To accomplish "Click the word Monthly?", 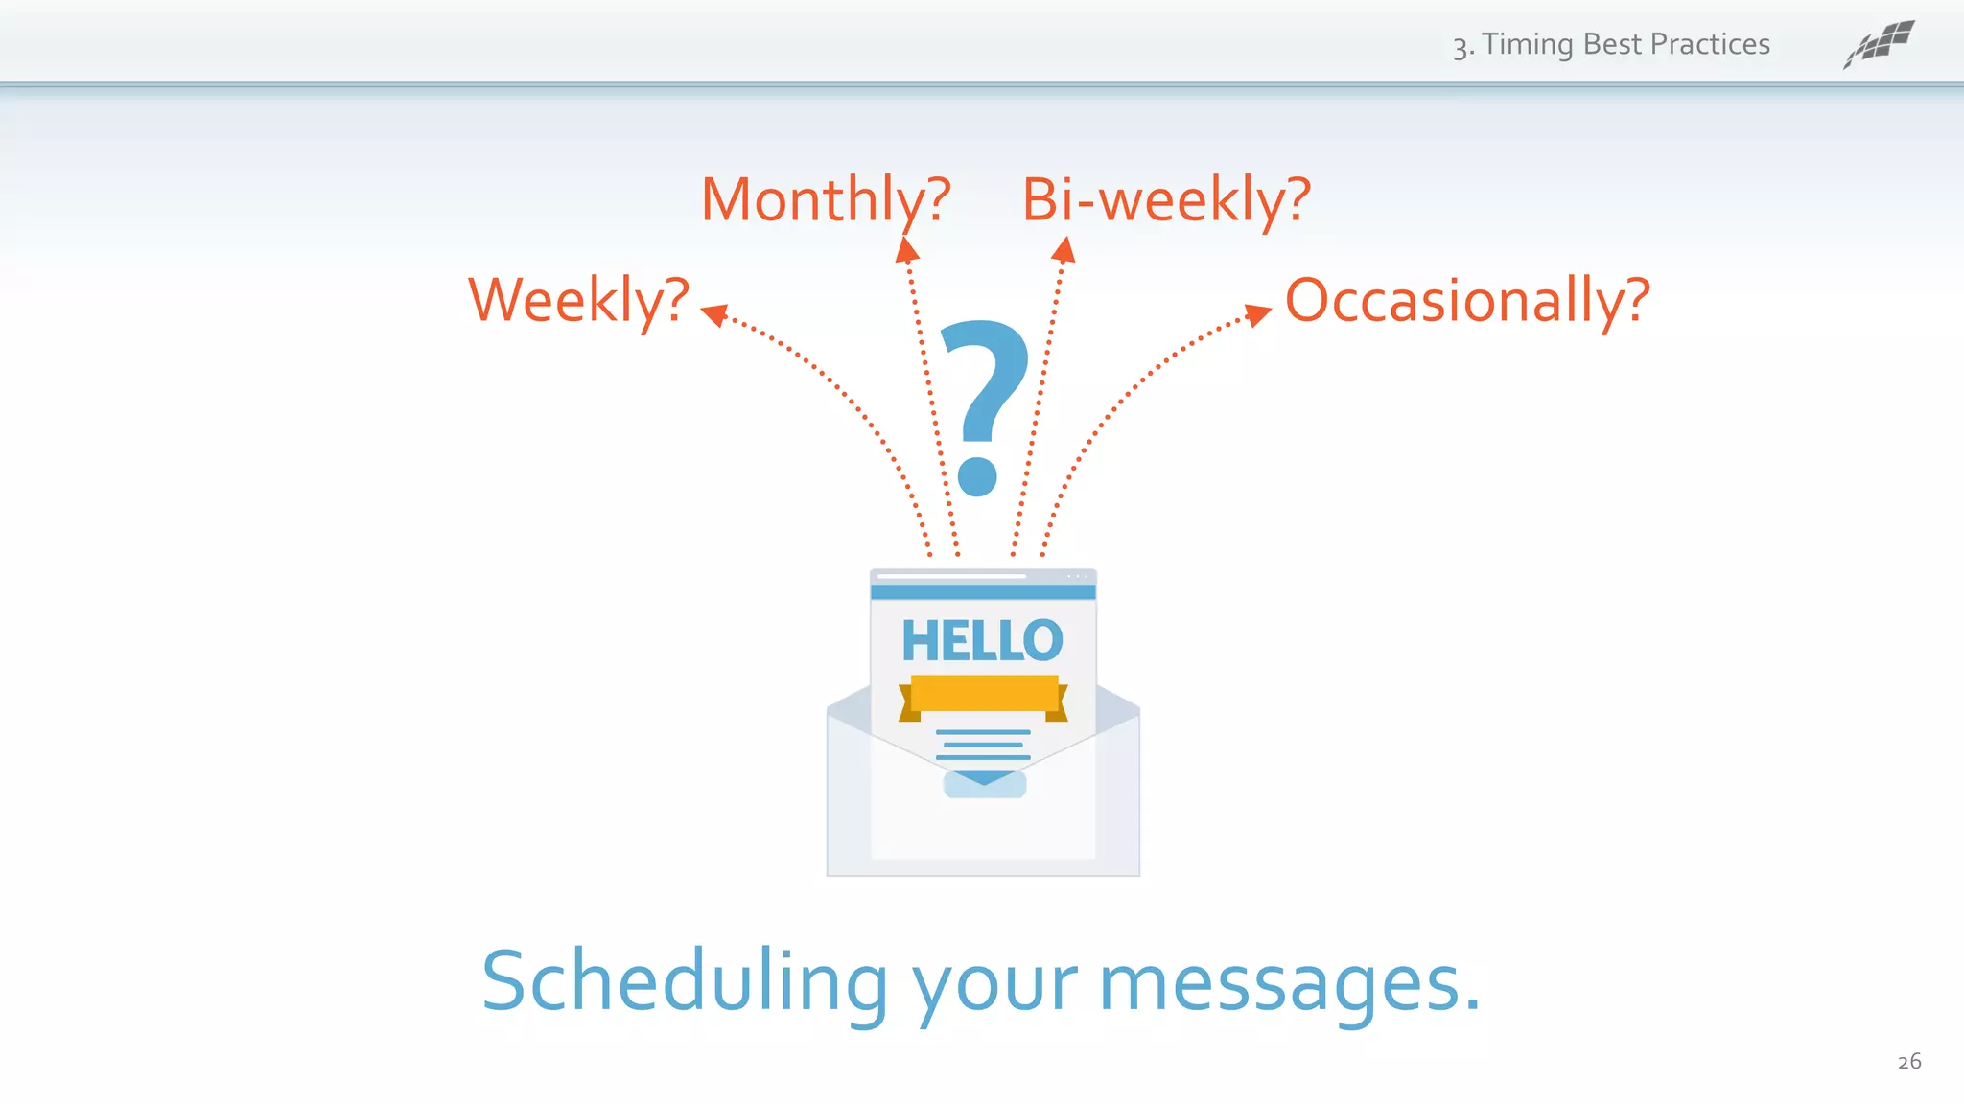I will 826,200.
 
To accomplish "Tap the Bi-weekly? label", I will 1166,200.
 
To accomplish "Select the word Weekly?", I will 578,301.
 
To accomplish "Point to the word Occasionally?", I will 1467,301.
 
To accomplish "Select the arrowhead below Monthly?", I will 906,250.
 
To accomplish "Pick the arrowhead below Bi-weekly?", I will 1064,250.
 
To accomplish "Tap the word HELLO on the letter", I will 982,640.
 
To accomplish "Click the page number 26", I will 1908,1061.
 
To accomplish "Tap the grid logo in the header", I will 1879,44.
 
